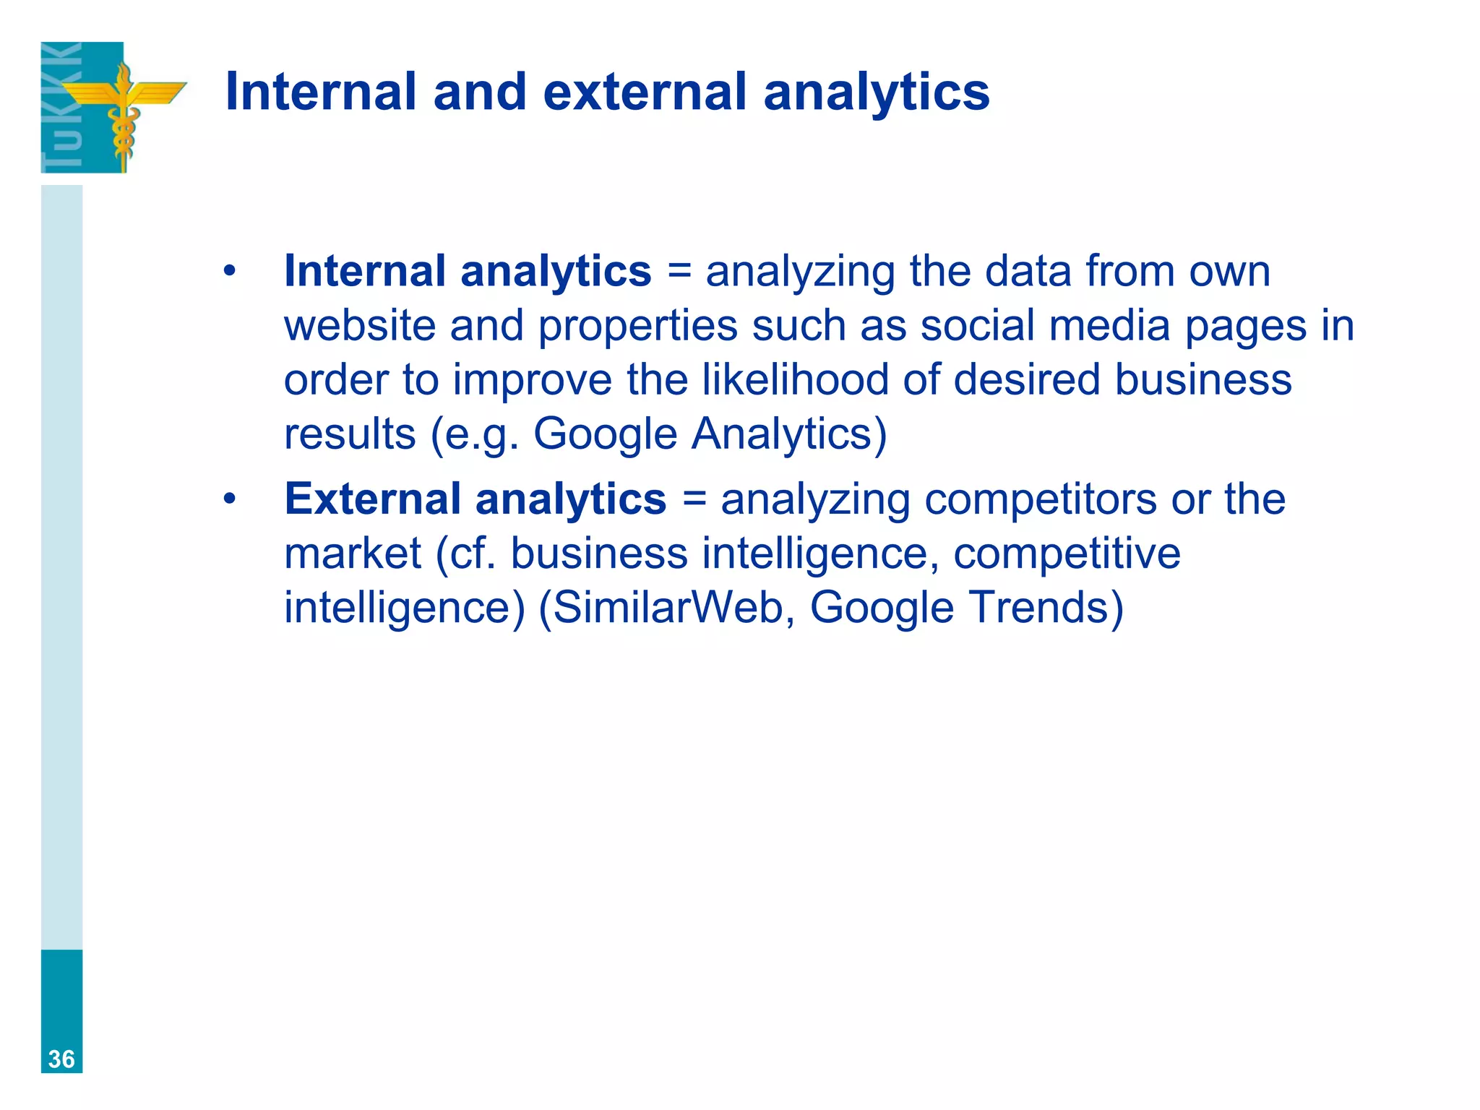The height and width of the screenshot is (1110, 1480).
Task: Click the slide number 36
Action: click(61, 1059)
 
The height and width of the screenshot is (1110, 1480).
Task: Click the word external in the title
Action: click(644, 92)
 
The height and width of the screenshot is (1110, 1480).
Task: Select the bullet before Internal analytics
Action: click(230, 272)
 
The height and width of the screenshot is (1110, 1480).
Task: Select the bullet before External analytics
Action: click(230, 500)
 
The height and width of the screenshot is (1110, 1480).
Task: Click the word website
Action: click(359, 326)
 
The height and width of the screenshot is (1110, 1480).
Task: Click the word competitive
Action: click(1067, 554)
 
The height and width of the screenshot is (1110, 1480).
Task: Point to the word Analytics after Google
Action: click(788, 434)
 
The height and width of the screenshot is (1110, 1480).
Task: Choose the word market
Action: click(353, 554)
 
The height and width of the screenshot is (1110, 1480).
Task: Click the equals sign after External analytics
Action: click(694, 500)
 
